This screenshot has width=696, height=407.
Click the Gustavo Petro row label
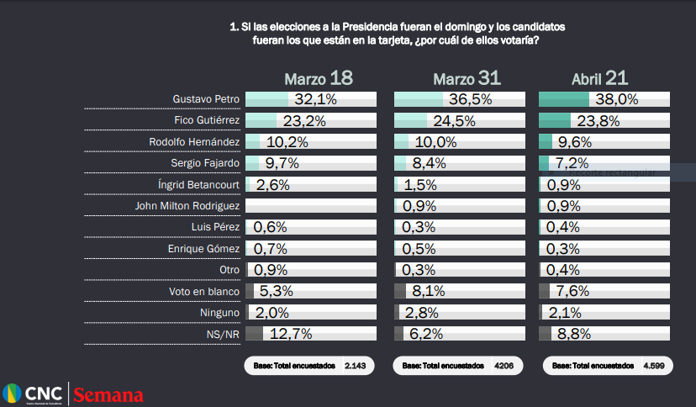point(206,99)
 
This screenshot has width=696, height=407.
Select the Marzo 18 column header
point(318,79)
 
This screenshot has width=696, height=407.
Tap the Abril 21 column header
point(599,79)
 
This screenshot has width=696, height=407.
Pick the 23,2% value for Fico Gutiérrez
point(304,120)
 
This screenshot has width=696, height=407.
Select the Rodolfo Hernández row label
point(194,142)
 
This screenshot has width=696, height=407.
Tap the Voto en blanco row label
point(204,292)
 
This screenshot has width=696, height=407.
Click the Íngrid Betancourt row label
point(198,184)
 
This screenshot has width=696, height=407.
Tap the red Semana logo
point(108,395)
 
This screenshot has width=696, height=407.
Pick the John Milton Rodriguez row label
point(187,206)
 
